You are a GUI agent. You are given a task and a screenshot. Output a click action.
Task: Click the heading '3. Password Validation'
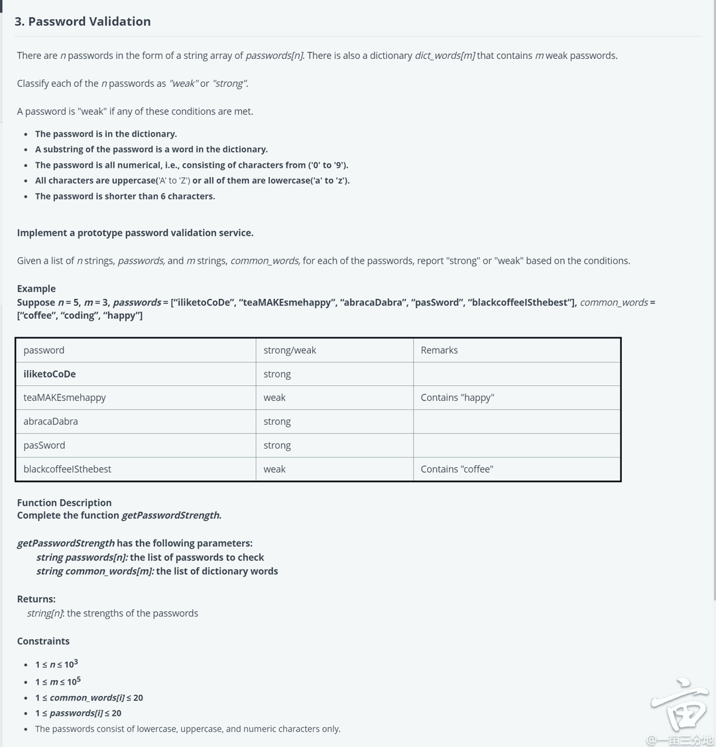(x=82, y=21)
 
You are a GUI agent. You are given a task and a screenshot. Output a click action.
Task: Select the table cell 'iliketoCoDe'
(x=50, y=374)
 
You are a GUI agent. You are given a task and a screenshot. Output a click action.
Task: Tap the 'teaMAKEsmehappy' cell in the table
(x=64, y=398)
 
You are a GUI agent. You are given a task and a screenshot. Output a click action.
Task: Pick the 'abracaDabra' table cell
(x=50, y=422)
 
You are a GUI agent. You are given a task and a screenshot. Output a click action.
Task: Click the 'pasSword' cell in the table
(x=44, y=445)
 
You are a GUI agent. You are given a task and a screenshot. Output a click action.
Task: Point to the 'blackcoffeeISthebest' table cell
(x=67, y=469)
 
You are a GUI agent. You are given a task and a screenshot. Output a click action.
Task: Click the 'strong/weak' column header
(x=290, y=350)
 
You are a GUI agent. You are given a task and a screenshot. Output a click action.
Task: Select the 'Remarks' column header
(x=439, y=350)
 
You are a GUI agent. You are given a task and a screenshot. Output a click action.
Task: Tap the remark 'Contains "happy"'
(x=457, y=398)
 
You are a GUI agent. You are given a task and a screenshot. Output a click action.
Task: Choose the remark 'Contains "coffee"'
(x=457, y=469)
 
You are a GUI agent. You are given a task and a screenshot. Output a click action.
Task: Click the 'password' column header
(x=44, y=350)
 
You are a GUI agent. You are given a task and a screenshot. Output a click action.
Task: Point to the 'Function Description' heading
(x=64, y=502)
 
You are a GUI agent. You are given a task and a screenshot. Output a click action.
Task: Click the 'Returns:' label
(x=36, y=599)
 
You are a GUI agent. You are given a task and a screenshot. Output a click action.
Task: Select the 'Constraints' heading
(x=43, y=641)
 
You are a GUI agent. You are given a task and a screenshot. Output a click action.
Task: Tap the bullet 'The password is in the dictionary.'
(x=106, y=134)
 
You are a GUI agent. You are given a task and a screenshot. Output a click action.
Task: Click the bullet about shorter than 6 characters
(x=125, y=196)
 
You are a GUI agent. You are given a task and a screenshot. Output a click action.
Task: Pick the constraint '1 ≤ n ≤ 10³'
(x=57, y=664)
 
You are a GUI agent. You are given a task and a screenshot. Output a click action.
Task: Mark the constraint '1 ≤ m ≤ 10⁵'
(x=58, y=681)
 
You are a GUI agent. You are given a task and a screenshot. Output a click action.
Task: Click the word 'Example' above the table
(x=36, y=288)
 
